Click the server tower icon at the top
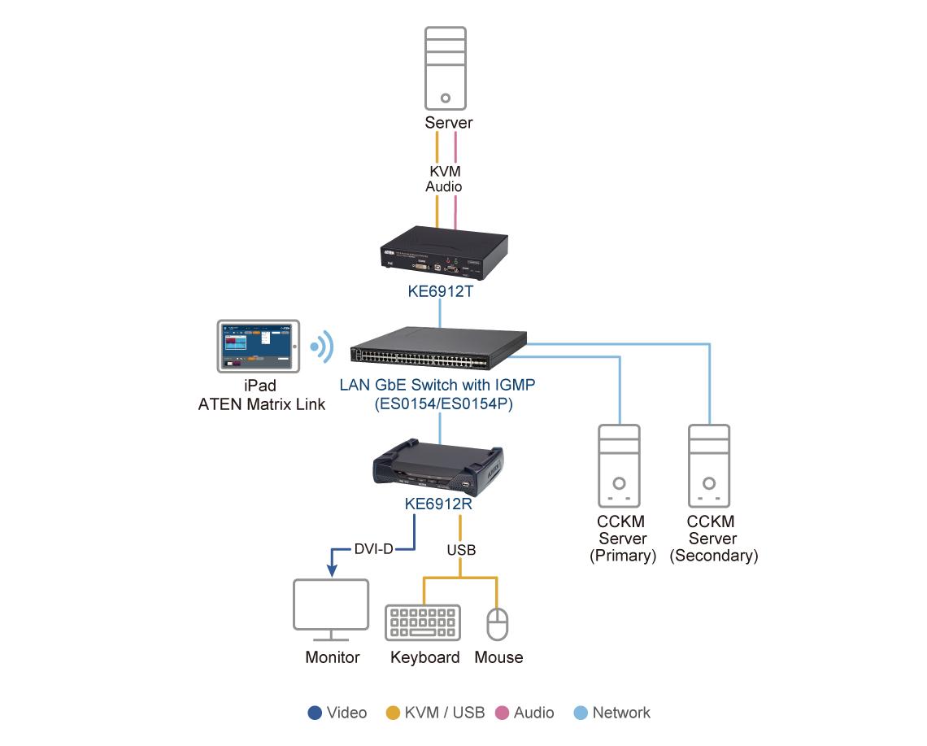pyautogui.click(x=446, y=69)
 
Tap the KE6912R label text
pyautogui.click(x=439, y=504)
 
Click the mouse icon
pyautogui.click(x=497, y=624)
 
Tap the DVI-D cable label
pyautogui.click(x=373, y=549)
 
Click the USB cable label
pyautogui.click(x=460, y=550)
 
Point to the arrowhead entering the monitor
pyautogui.click(x=331, y=570)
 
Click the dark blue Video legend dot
pyautogui.click(x=315, y=713)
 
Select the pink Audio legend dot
pyautogui.click(x=502, y=713)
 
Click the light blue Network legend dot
pyautogui.click(x=581, y=713)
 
